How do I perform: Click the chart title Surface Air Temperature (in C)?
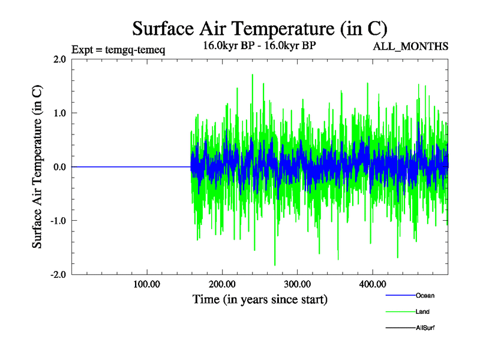[x=259, y=28]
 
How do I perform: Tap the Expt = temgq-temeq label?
[x=118, y=50]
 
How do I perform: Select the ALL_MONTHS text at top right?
[x=410, y=46]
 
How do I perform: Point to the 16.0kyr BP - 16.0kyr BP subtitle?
[x=259, y=46]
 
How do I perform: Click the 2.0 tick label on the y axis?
[x=59, y=59]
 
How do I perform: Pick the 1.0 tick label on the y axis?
[x=59, y=113]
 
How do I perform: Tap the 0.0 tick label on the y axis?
[x=59, y=167]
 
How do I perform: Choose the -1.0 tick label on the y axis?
[x=58, y=221]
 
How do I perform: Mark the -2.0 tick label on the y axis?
[x=58, y=274]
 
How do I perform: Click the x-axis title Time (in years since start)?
[x=260, y=299]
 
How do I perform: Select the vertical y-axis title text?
[x=37, y=167]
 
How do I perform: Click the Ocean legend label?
[x=425, y=295]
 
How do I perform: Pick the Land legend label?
[x=422, y=311]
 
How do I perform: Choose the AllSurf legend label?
[x=425, y=328]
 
